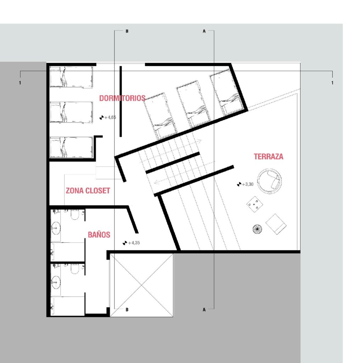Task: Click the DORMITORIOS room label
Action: [x=122, y=98]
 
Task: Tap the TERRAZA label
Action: [x=268, y=156]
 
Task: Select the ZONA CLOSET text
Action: [x=88, y=190]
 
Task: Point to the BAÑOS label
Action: [x=99, y=234]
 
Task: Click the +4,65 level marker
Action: [x=108, y=117]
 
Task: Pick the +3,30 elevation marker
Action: [x=245, y=184]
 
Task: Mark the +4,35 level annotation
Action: [x=131, y=243]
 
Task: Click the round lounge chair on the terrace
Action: [x=270, y=181]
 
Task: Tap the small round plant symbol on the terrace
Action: [x=257, y=229]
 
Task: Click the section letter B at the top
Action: [x=127, y=31]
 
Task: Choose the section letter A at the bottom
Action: [x=204, y=309]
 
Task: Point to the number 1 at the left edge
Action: [x=20, y=83]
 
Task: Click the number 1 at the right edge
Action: [x=333, y=83]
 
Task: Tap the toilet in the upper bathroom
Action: [x=75, y=214]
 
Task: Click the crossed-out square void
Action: [x=141, y=285]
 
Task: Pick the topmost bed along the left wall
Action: [x=72, y=77]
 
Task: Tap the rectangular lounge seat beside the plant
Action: [x=276, y=224]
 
